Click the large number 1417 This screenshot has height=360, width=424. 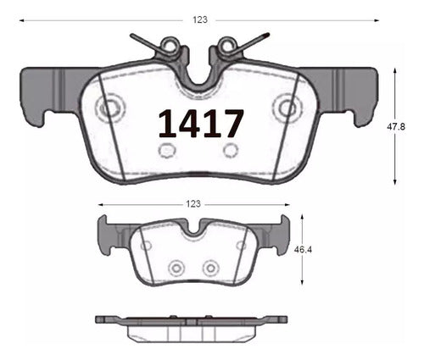pos(201,124)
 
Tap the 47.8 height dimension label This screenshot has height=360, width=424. pos(396,127)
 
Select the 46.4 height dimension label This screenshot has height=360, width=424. pos(303,250)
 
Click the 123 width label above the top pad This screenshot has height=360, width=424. pos(200,19)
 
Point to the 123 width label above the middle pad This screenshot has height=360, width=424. pos(193,203)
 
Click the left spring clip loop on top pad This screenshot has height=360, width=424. pos(169,44)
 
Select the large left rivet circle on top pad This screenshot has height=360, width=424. pos(110,108)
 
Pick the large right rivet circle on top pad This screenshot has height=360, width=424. pos(288,108)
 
